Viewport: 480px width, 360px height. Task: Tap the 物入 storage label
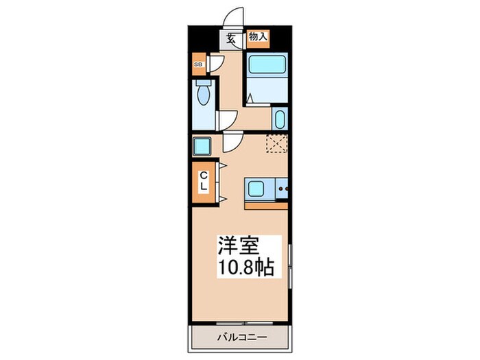click(258, 37)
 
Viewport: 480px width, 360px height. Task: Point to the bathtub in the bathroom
click(267, 66)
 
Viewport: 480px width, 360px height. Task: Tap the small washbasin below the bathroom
click(280, 118)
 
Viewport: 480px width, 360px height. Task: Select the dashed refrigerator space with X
click(277, 144)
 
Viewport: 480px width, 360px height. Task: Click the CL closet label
click(204, 181)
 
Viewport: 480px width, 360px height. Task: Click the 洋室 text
click(238, 246)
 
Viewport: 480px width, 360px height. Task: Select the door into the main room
click(230, 143)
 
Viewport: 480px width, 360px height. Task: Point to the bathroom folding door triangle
click(251, 98)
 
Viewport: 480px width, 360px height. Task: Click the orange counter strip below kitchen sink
click(266, 204)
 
